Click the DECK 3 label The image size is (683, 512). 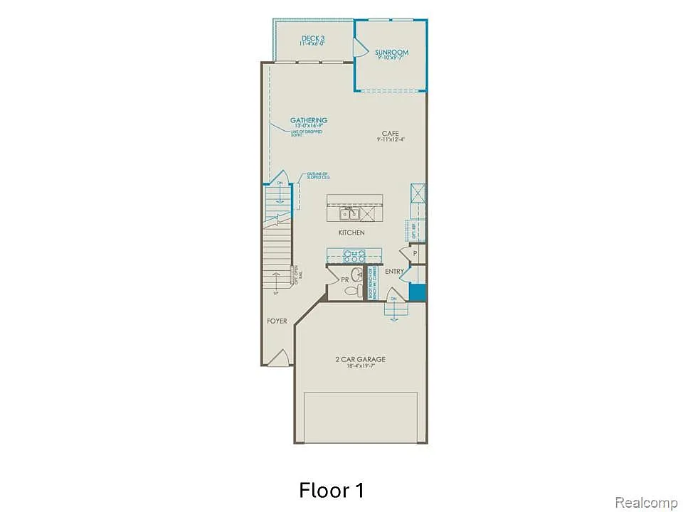pos(313,38)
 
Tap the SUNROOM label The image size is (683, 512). pos(391,53)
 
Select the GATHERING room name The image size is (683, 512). pos(308,120)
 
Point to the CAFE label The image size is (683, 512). pos(391,133)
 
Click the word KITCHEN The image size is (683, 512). pos(351,233)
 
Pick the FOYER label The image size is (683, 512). pos(277,321)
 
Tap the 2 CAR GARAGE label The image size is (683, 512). pos(360,359)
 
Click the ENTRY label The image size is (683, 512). pos(394,272)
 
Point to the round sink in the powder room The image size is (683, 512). pos(356,275)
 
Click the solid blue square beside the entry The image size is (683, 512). pos(418,292)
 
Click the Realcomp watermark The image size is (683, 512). pos(646,503)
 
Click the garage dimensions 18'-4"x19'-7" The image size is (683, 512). pos(360,367)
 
